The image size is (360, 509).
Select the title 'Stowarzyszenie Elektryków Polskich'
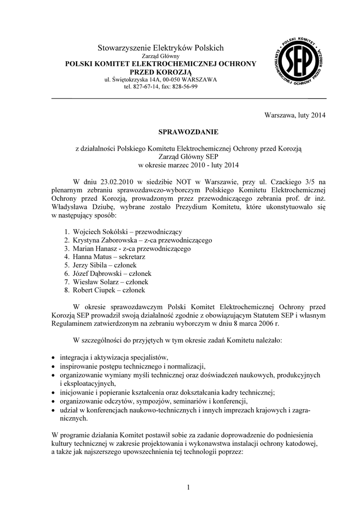pyautogui.click(x=161, y=48)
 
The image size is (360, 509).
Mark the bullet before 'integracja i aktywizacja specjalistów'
pyautogui.click(x=54, y=358)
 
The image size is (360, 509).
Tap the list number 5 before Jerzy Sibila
pyautogui.click(x=66, y=265)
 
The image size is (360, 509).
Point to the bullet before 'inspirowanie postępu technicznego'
pyautogui.click(x=54, y=366)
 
